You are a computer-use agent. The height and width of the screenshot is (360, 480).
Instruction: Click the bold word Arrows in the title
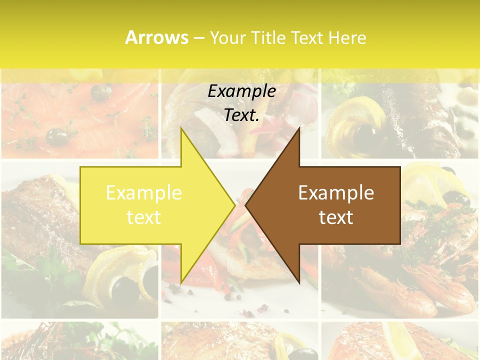pos(156,37)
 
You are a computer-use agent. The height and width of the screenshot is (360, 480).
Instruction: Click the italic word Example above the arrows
pos(241,91)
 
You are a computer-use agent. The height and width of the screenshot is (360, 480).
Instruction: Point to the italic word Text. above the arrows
pos(241,115)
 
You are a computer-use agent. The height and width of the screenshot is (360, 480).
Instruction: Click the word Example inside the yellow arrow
pos(144,193)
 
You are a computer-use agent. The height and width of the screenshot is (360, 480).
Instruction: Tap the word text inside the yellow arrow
pos(144,217)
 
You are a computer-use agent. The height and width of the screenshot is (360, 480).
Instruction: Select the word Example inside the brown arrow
pos(336,193)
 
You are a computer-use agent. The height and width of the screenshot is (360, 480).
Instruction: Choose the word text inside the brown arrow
pos(336,217)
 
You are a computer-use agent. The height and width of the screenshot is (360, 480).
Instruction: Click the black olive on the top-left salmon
pos(58,135)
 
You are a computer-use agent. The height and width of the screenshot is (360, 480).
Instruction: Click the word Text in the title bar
pos(307,37)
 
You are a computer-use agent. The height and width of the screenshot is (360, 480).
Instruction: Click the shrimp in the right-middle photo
pos(440,290)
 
